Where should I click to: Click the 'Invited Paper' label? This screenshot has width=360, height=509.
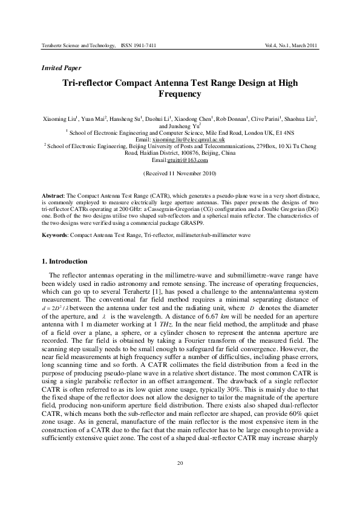61,68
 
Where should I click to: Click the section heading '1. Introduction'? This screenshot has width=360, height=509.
64,261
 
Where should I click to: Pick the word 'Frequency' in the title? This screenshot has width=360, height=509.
179,94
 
